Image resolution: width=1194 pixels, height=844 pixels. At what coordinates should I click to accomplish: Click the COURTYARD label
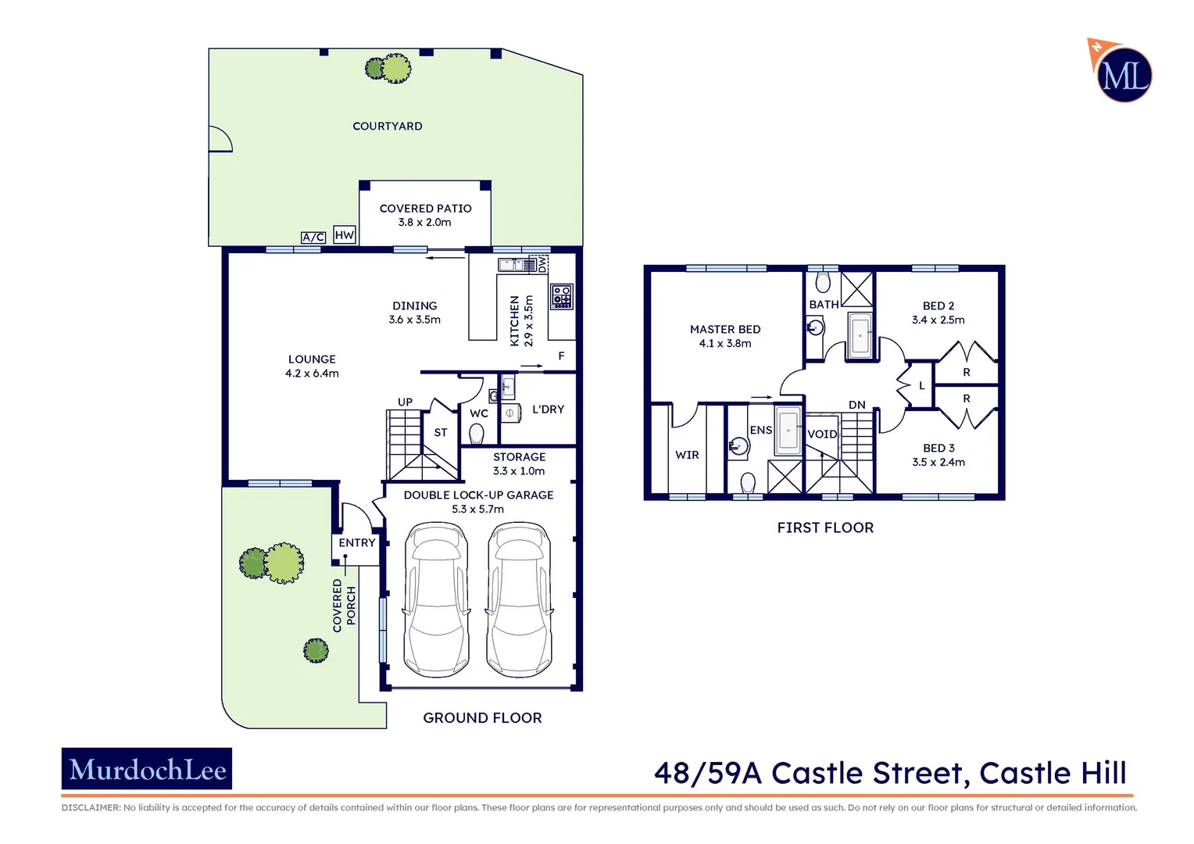pos(387,126)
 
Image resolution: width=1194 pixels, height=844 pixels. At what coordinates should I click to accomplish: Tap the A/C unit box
pos(313,237)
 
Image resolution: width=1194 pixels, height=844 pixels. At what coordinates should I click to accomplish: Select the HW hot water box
pos(344,234)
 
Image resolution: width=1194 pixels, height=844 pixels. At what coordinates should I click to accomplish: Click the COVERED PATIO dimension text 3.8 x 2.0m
pos(424,223)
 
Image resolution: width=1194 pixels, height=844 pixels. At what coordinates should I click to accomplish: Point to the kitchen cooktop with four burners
pos(561,296)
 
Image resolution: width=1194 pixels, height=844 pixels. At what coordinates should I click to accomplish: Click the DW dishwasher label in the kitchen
pos(542,264)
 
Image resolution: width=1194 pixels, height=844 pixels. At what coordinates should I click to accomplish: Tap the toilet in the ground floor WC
pos(476,433)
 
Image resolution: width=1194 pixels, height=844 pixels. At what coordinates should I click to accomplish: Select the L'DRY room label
pos(548,409)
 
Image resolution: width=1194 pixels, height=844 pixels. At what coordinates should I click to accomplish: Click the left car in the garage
pos(436,599)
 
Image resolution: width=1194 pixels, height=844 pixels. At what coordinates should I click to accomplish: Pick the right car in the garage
pos(519,599)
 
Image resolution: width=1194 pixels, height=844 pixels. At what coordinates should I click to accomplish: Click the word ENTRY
pos(356,542)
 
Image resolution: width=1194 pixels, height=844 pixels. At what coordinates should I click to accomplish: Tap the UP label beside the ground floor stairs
pos(405,402)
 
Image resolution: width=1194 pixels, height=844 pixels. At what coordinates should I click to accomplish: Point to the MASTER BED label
pos(724,330)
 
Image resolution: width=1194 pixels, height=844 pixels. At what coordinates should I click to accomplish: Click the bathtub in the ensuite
pos(788,430)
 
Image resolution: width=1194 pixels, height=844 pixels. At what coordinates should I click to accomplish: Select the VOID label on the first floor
pos(821,435)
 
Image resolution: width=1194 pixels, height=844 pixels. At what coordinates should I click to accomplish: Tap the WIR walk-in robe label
pos(687,455)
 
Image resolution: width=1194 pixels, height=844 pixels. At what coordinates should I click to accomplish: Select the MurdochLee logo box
pos(147,769)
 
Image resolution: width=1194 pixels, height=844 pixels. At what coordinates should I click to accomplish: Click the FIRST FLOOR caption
pos(825,528)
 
